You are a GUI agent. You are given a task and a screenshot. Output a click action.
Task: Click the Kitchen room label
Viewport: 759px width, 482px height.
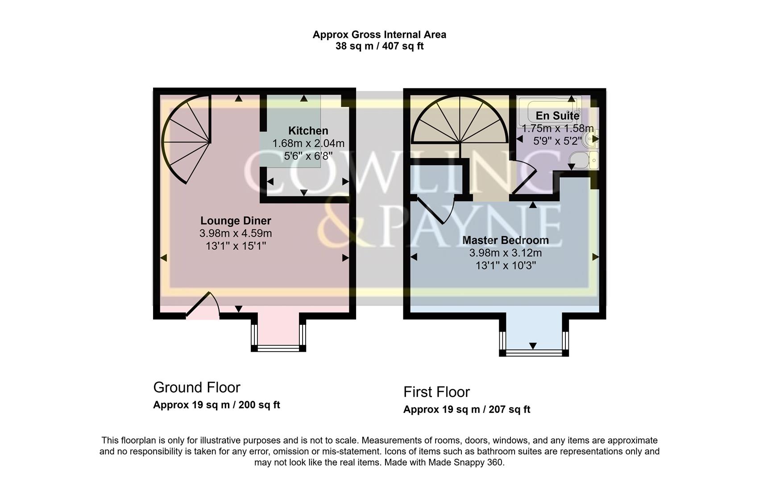(308, 131)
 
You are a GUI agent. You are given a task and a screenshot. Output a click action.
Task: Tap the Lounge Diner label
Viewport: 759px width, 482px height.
(235, 220)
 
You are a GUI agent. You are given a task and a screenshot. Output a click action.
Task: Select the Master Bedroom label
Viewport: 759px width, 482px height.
(505, 240)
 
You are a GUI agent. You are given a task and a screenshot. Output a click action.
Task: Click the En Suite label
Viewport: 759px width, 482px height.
(557, 116)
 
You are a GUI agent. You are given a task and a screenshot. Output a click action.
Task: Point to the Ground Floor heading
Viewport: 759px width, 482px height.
(196, 387)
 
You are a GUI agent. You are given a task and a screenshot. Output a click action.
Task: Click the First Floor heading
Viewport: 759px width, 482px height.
(436, 392)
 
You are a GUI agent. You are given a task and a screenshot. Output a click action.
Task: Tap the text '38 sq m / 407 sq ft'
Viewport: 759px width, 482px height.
(379, 46)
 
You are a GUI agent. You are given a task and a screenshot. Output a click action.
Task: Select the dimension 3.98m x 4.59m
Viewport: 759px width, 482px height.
(235, 233)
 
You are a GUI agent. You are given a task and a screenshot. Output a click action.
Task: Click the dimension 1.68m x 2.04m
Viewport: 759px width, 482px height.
(308, 143)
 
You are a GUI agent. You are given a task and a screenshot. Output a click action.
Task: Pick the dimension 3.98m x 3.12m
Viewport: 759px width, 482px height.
(505, 253)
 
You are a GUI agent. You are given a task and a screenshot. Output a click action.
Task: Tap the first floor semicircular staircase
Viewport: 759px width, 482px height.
(460, 123)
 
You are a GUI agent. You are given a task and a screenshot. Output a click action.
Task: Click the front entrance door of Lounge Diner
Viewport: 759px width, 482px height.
(203, 307)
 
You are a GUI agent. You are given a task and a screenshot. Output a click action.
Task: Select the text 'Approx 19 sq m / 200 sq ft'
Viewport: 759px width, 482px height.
(216, 405)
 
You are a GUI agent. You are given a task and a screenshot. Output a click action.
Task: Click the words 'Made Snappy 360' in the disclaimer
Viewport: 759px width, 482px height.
(465, 462)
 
